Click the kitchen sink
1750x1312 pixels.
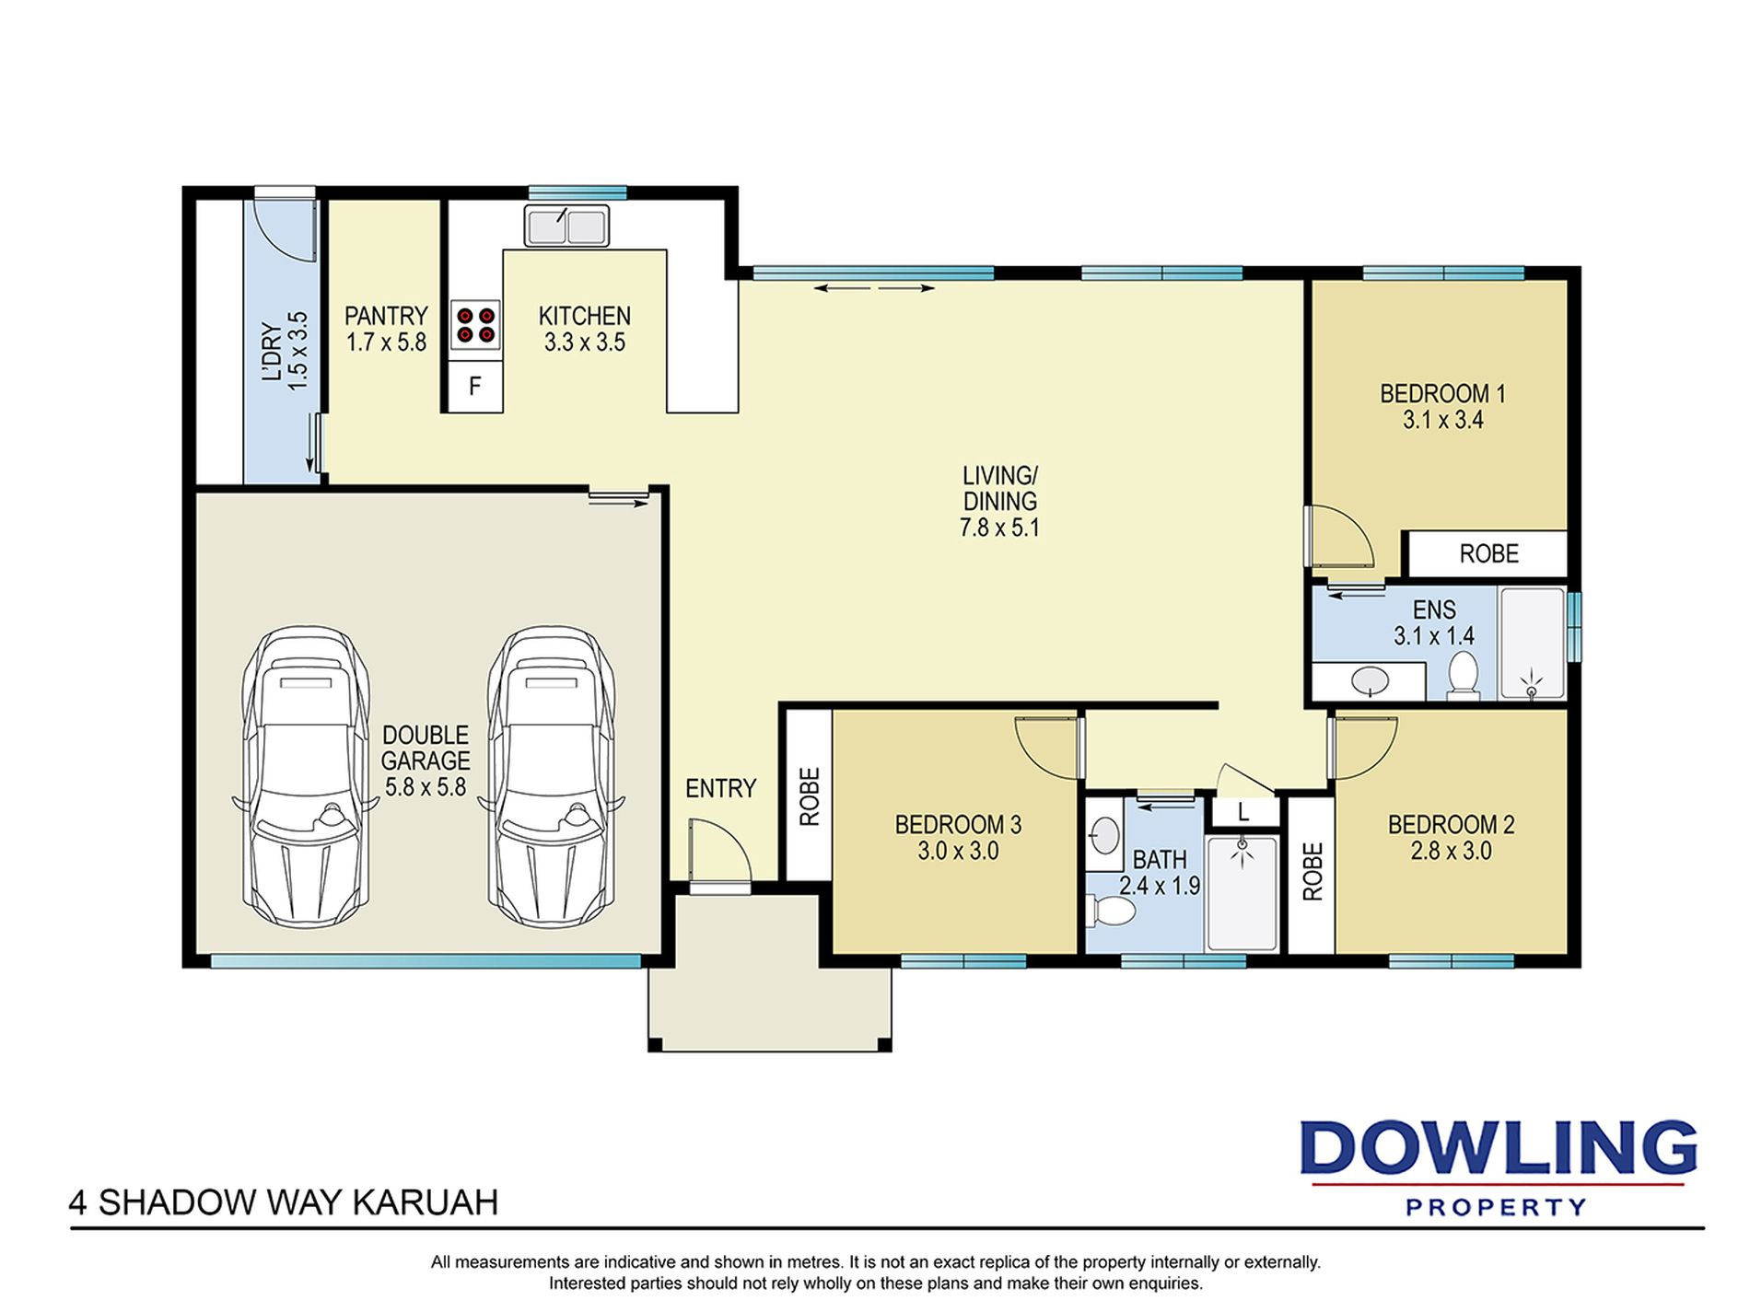(566, 226)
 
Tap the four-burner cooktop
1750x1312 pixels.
(475, 324)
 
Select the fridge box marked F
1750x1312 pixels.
(475, 386)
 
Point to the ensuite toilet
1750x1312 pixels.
(1463, 676)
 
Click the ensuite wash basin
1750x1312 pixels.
(1371, 681)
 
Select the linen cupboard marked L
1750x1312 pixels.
(1243, 811)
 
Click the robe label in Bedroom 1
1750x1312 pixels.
(1488, 553)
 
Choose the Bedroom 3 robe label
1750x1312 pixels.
(809, 796)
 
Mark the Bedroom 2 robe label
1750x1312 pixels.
(1312, 871)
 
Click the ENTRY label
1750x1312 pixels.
(720, 788)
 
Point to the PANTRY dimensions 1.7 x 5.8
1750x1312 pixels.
(386, 343)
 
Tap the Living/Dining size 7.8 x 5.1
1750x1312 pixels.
(999, 528)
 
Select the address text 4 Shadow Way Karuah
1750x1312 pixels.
(284, 1202)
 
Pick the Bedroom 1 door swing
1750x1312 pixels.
(1341, 537)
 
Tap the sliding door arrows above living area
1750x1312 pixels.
(874, 288)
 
